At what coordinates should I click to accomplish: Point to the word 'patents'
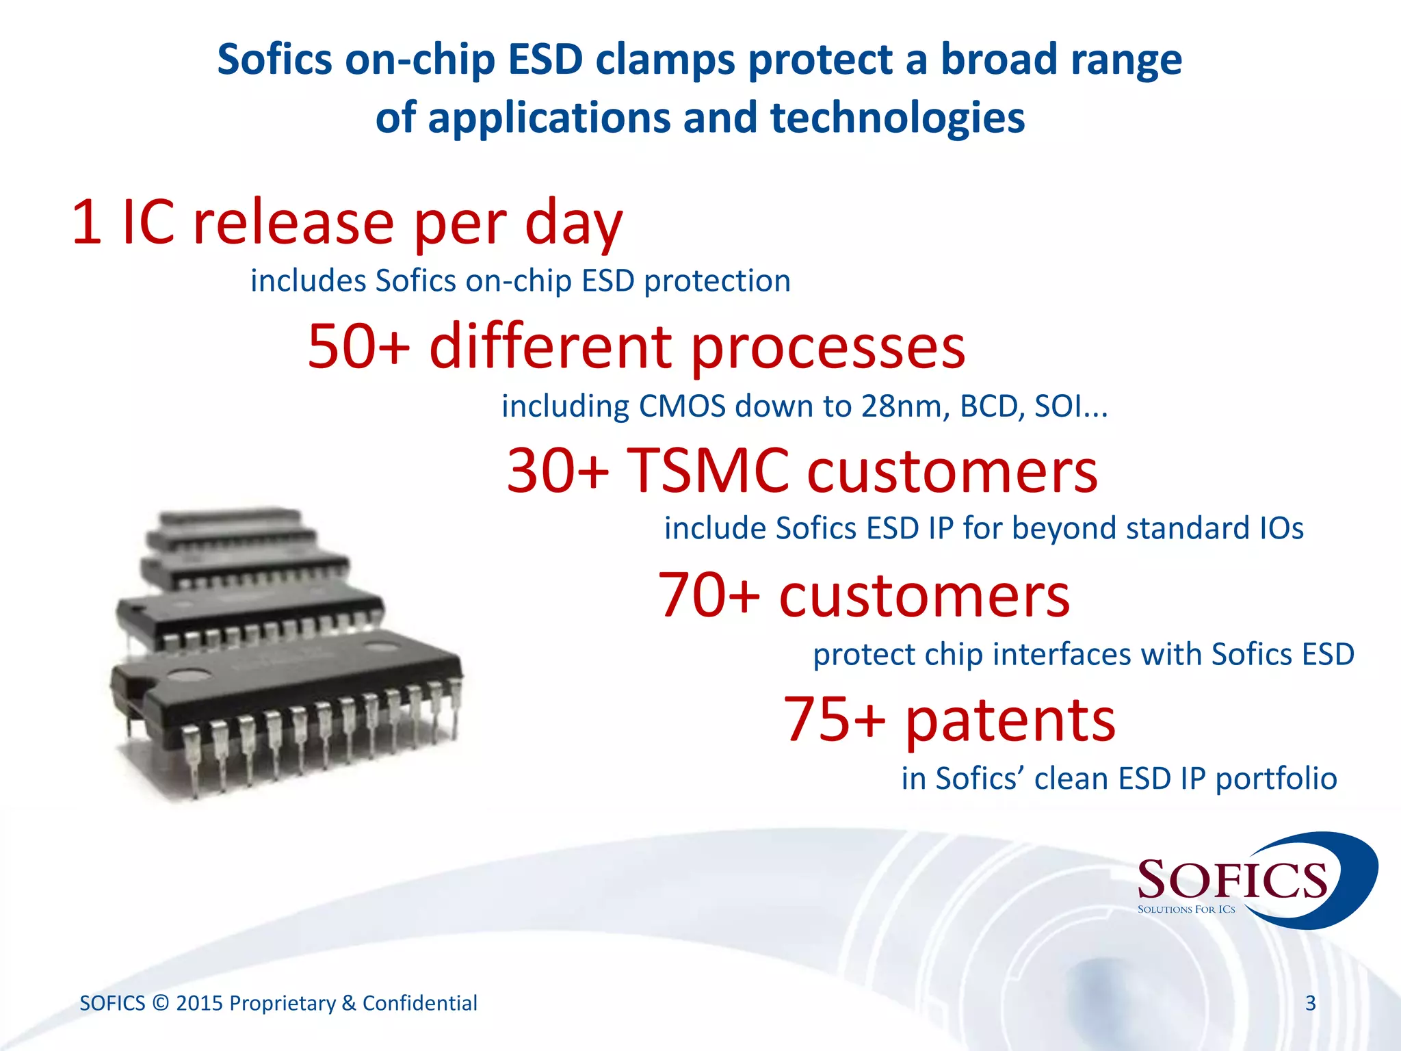[1010, 721]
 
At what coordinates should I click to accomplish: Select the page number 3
[1310, 1003]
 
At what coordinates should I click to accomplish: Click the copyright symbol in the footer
[161, 1003]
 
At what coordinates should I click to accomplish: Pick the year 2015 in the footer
[200, 1003]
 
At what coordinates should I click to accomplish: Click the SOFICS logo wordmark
[1231, 880]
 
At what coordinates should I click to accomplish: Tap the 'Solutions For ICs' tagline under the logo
[1186, 910]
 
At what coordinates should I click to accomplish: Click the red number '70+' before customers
[709, 596]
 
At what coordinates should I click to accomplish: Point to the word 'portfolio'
[1276, 779]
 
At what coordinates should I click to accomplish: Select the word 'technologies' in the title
[897, 118]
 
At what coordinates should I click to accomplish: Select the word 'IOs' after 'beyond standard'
[1281, 529]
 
